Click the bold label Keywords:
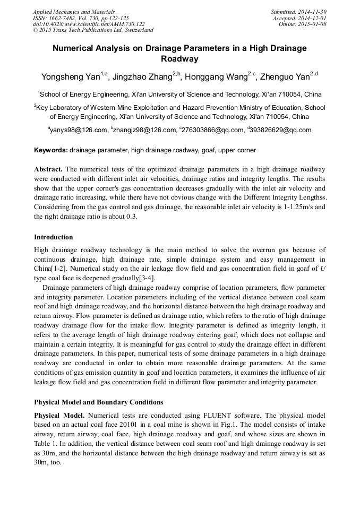(x=51, y=150)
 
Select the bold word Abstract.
(x=48, y=169)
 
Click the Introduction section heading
(x=54, y=237)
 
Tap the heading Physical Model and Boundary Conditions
(x=98, y=402)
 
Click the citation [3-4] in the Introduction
(x=144, y=278)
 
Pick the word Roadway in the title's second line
(x=179, y=59)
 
